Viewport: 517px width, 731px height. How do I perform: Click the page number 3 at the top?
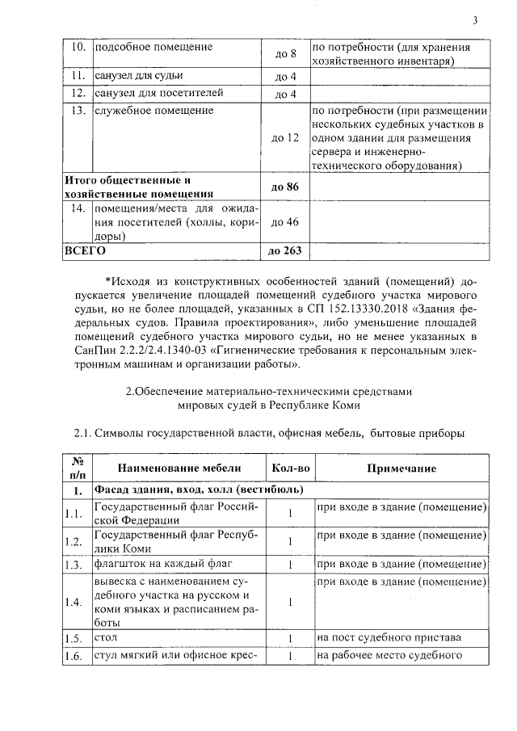click(475, 20)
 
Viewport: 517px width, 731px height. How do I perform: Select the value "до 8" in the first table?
click(287, 54)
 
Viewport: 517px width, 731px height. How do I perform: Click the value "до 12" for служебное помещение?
click(287, 138)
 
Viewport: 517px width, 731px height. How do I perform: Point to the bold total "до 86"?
click(287, 187)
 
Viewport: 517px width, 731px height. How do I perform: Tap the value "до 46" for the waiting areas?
click(287, 222)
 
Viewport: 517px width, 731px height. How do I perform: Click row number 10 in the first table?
click(78, 47)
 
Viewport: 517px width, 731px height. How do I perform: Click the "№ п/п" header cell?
click(78, 468)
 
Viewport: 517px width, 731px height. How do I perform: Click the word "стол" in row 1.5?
click(106, 637)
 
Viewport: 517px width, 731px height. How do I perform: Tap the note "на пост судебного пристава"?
click(389, 638)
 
